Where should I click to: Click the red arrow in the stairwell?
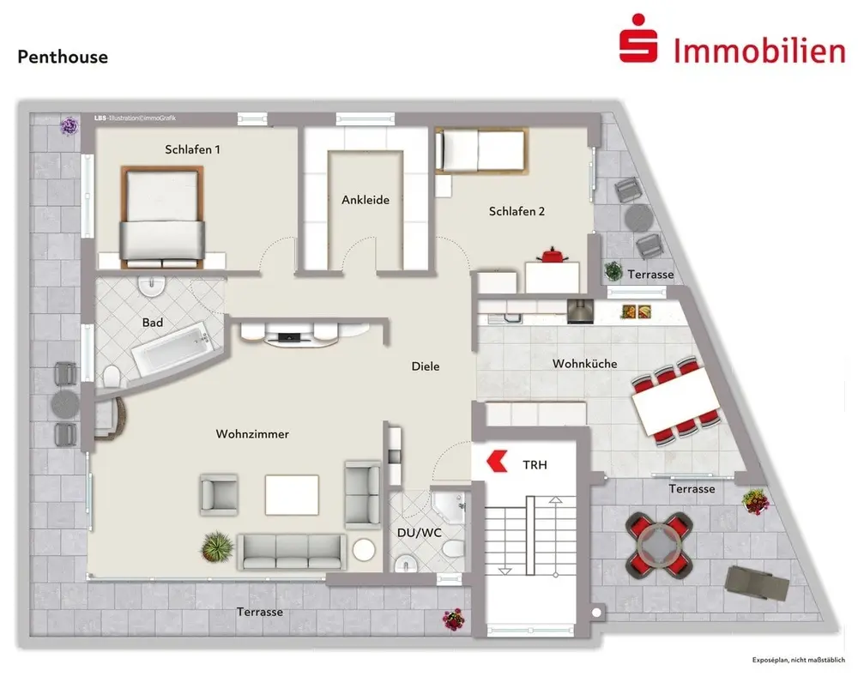[x=495, y=462]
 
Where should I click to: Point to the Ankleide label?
[x=366, y=200]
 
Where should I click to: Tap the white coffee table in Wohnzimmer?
[x=292, y=493]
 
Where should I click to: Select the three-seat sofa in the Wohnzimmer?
[x=291, y=552]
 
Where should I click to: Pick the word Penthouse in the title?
[x=63, y=57]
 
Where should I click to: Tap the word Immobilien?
[x=758, y=51]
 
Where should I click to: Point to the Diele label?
[x=426, y=366]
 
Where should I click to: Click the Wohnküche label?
[x=585, y=364]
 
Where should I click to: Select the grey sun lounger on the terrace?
[x=757, y=583]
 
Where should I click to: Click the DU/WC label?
[x=419, y=533]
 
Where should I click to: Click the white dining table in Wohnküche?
[x=675, y=401]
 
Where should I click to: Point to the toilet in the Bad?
[x=112, y=376]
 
